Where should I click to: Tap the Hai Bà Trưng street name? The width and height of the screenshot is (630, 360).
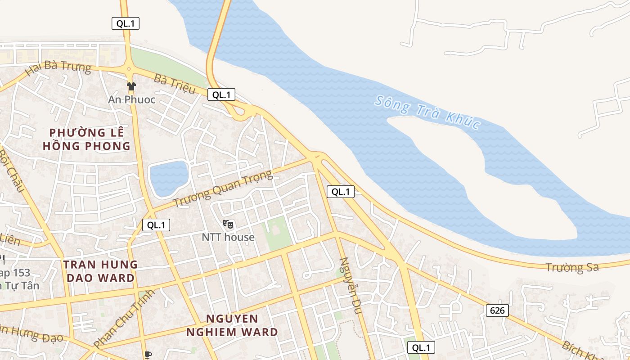pyautogui.click(x=58, y=69)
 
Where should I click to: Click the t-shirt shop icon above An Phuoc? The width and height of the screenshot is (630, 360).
pyautogui.click(x=131, y=86)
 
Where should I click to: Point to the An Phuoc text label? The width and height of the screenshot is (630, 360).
pyautogui.click(x=131, y=99)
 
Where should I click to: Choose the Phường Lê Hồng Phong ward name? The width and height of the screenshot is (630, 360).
pyautogui.click(x=86, y=139)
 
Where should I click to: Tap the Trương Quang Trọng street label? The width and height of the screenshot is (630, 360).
pyautogui.click(x=223, y=189)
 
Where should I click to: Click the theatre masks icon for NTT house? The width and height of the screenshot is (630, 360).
pyautogui.click(x=228, y=224)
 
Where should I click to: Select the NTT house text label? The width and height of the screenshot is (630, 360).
pyautogui.click(x=228, y=237)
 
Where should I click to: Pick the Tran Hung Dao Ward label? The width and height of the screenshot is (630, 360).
pyautogui.click(x=99, y=271)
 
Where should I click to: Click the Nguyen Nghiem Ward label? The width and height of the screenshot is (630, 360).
pyautogui.click(x=232, y=325)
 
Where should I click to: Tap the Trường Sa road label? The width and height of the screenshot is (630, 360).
pyautogui.click(x=572, y=267)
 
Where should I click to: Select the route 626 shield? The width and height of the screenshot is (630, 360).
pyautogui.click(x=497, y=310)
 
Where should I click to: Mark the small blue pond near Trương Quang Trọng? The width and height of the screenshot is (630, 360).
pyautogui.click(x=168, y=178)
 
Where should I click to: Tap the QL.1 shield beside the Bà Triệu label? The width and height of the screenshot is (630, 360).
pyautogui.click(x=221, y=94)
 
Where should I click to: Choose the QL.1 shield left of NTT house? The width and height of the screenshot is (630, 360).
pyautogui.click(x=156, y=225)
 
